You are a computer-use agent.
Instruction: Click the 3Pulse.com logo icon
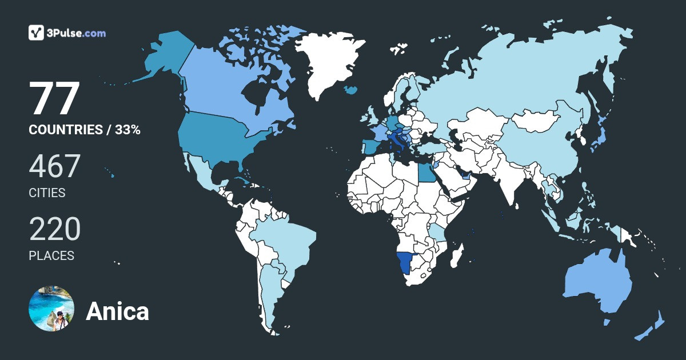(x=37, y=33)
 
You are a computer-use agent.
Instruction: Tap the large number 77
(x=54, y=99)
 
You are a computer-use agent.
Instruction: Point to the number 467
(x=54, y=166)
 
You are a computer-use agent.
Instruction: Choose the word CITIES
(x=47, y=193)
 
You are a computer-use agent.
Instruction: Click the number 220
(x=54, y=229)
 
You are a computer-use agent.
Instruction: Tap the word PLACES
(x=51, y=256)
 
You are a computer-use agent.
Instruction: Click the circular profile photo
(x=51, y=309)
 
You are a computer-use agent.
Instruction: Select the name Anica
(x=117, y=311)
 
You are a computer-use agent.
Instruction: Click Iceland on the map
(x=351, y=90)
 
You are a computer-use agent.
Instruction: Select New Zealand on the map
(x=652, y=328)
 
